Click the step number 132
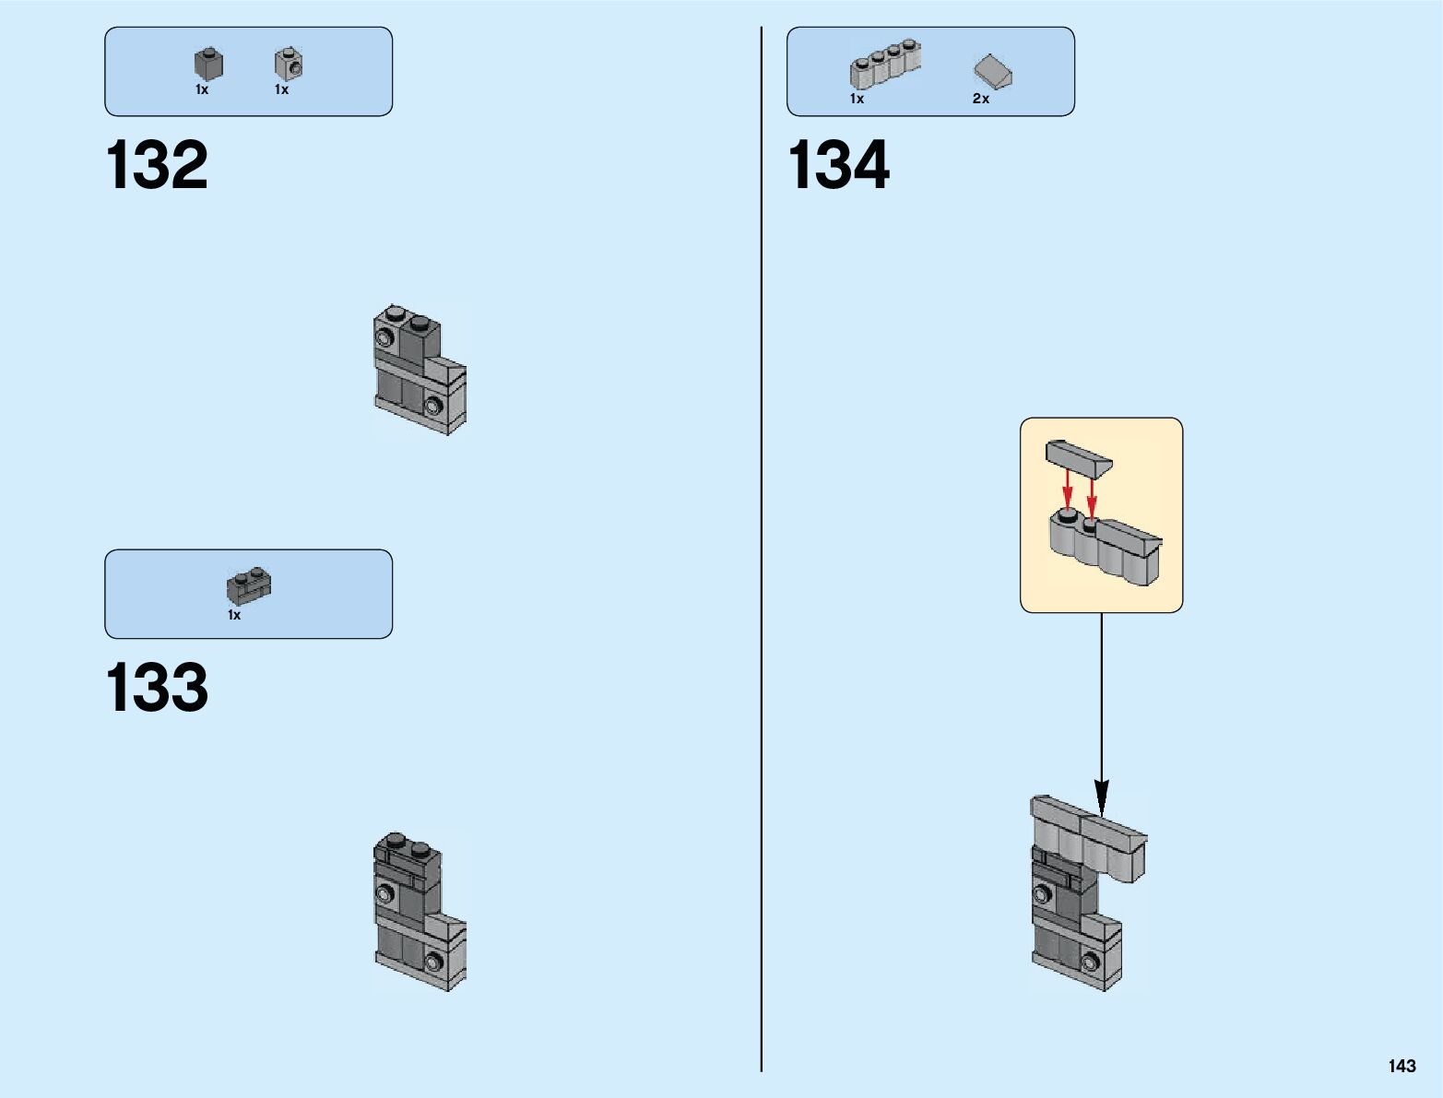(x=157, y=166)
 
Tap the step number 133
(x=157, y=688)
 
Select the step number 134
(x=838, y=166)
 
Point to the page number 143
(x=1402, y=1066)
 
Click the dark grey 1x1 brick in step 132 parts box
(x=208, y=64)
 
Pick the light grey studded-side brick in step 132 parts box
(x=289, y=64)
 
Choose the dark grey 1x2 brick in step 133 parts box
(x=249, y=586)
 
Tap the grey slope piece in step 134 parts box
(x=992, y=70)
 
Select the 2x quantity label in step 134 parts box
(x=981, y=99)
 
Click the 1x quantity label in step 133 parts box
(x=234, y=615)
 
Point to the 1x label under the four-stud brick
(x=857, y=99)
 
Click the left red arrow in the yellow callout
(x=1068, y=489)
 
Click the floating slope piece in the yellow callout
(x=1078, y=457)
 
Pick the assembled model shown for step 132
(x=420, y=369)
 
